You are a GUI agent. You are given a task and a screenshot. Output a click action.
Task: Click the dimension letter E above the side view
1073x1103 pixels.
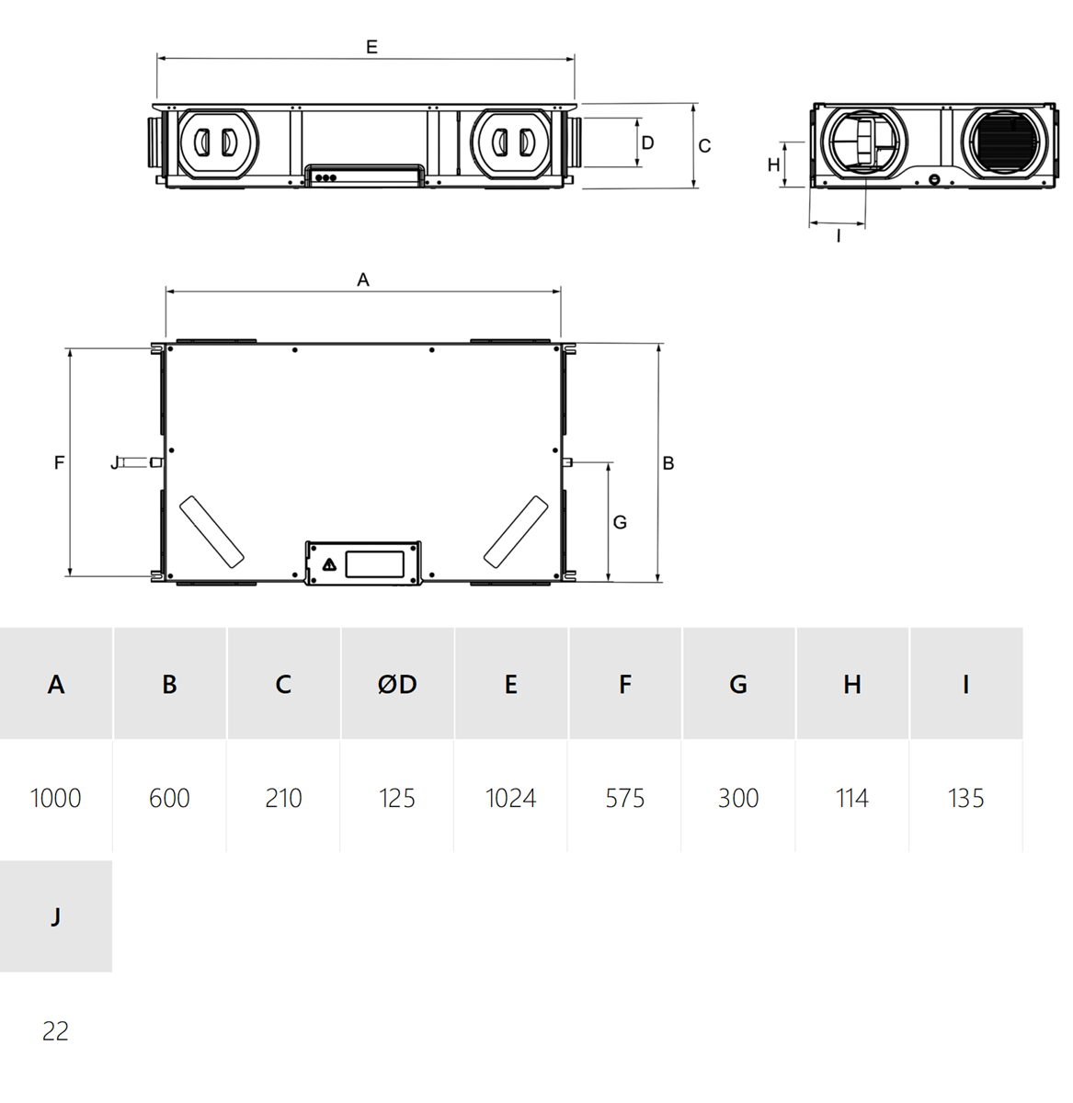point(371,47)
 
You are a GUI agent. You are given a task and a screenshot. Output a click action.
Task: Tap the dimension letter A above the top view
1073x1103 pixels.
point(363,279)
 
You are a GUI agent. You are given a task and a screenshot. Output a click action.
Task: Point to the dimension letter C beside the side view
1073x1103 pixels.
point(704,146)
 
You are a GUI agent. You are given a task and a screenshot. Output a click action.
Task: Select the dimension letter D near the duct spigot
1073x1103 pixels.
point(647,142)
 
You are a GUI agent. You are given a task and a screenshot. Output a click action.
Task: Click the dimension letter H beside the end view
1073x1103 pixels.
point(773,165)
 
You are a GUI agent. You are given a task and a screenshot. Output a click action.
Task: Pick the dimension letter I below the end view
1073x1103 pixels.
point(839,236)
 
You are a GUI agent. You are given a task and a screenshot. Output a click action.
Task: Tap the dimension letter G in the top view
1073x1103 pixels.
point(620,523)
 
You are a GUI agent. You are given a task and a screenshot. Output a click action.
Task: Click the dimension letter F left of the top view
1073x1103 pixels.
point(59,463)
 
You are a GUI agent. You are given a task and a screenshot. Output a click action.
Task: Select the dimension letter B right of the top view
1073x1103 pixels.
point(668,463)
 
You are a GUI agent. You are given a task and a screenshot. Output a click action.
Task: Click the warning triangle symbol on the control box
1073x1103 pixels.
point(329,564)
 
